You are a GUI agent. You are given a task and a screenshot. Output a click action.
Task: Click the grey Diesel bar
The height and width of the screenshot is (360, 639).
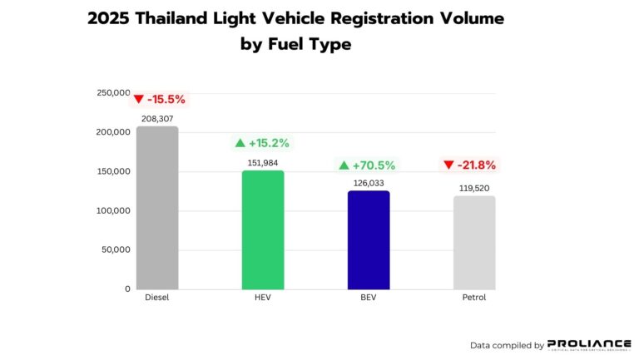(x=157, y=208)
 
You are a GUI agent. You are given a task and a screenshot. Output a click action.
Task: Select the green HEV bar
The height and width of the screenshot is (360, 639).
(x=263, y=230)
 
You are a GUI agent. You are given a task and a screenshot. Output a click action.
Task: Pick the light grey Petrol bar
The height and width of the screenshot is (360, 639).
(x=474, y=243)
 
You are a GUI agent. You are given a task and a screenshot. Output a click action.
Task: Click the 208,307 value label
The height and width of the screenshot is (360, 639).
(x=157, y=119)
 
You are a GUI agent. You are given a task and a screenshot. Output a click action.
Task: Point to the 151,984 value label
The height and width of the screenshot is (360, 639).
(x=263, y=163)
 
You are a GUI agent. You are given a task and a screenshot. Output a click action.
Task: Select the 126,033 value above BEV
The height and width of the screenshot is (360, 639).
(x=369, y=184)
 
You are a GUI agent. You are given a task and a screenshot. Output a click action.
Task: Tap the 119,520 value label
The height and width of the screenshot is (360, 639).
(x=474, y=189)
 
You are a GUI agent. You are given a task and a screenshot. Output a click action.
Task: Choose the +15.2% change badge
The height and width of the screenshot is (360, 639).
(x=263, y=143)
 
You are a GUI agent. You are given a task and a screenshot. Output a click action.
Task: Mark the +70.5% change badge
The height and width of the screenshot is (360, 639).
(x=368, y=165)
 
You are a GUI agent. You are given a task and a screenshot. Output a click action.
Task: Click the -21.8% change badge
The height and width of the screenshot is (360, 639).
(x=473, y=165)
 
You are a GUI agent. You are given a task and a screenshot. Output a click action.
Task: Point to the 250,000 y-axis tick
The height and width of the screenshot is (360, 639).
(x=113, y=93)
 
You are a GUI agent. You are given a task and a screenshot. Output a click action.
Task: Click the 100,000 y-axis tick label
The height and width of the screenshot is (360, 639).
(x=113, y=210)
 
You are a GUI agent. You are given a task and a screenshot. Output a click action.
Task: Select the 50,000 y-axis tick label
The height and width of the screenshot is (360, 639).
(x=116, y=249)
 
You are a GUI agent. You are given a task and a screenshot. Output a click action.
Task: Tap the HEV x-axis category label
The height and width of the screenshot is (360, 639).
(x=263, y=297)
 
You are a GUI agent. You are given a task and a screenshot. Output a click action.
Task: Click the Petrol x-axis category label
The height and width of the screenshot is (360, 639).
(x=474, y=297)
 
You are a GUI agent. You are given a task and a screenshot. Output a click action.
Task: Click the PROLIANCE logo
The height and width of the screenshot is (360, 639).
(x=589, y=344)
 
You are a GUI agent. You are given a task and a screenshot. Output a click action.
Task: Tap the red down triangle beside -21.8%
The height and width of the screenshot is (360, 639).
(x=448, y=165)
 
